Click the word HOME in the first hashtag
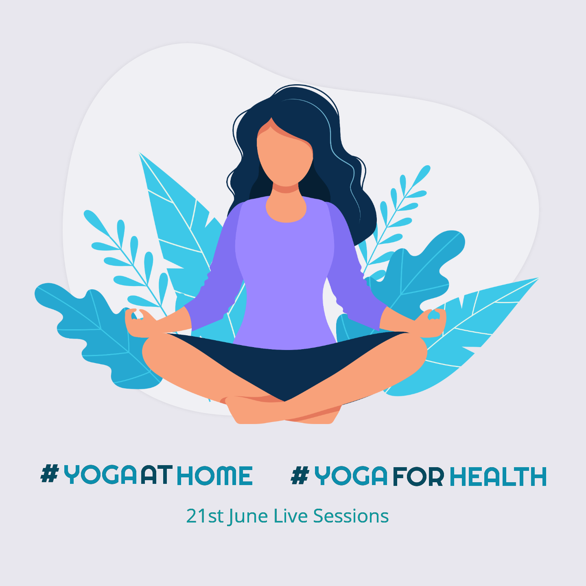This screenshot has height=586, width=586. coord(215,476)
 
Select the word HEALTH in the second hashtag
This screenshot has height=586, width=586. coord(498,477)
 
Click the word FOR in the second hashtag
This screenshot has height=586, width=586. coord(418,477)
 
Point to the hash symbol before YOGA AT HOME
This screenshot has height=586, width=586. coord(50,474)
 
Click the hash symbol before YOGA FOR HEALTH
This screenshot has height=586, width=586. coord(300,475)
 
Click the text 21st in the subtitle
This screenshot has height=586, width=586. coord(205,516)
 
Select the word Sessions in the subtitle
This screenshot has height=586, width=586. coord(351,516)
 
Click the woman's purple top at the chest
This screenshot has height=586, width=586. coord(285,252)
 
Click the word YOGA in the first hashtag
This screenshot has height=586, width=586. coord(100,476)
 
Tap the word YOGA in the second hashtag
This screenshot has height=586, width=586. coord(351,476)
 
